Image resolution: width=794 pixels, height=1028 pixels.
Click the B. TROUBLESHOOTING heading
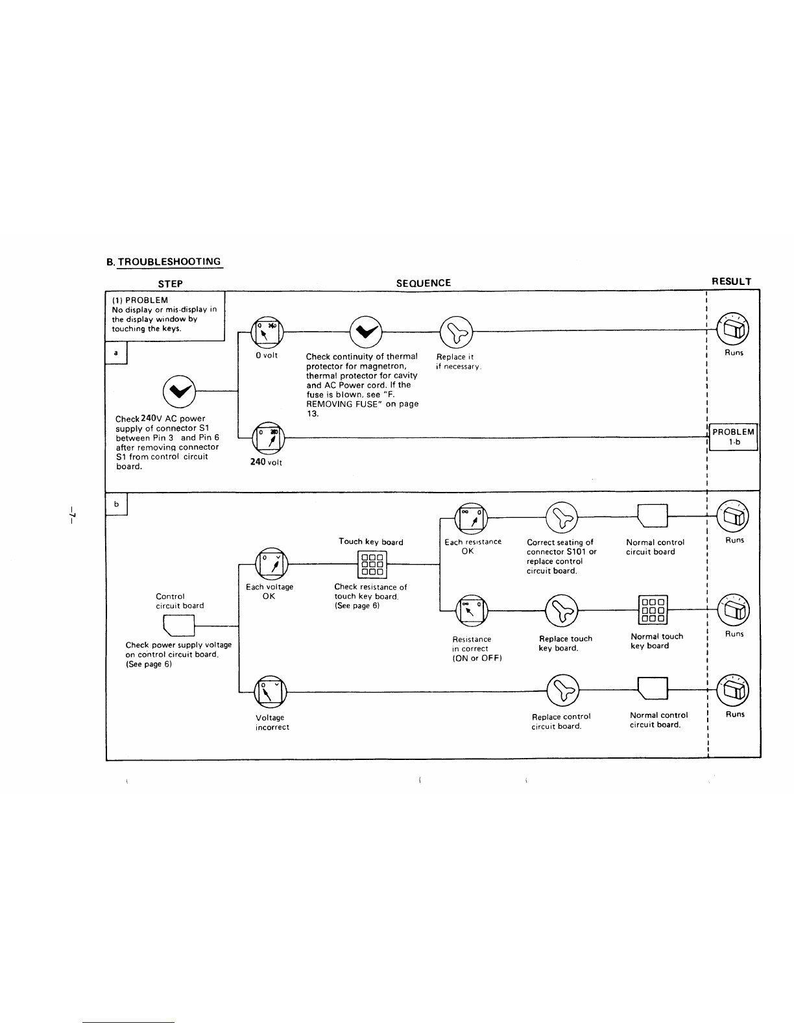[x=163, y=262]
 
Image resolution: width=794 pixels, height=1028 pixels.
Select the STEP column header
[x=170, y=284]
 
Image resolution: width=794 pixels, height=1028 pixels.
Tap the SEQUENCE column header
[x=423, y=283]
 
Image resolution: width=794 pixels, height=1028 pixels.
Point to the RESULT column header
[x=732, y=282]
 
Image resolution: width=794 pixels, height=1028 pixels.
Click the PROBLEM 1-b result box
[x=733, y=437]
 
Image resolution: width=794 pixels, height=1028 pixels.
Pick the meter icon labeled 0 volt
[x=267, y=332]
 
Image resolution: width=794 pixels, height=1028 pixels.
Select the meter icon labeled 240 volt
[x=268, y=438]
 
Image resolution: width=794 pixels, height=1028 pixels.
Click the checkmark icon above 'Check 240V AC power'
[x=179, y=392]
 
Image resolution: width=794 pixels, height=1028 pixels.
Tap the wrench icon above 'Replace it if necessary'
[x=456, y=332]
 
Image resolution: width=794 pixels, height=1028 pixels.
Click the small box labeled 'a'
[x=116, y=353]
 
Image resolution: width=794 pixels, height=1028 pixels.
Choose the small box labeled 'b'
[x=116, y=504]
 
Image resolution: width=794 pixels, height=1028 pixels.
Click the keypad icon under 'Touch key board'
[x=372, y=565]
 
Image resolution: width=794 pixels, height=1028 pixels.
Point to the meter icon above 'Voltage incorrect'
[x=271, y=692]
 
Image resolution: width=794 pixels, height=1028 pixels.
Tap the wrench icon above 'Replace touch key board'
[x=561, y=611]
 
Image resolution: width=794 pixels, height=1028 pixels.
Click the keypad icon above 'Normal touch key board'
[x=653, y=610]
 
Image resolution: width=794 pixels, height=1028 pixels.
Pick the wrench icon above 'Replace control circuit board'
[x=563, y=691]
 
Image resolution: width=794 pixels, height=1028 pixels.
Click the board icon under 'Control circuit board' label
[x=179, y=626]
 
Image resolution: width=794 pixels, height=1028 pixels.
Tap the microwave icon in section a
[x=732, y=329]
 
